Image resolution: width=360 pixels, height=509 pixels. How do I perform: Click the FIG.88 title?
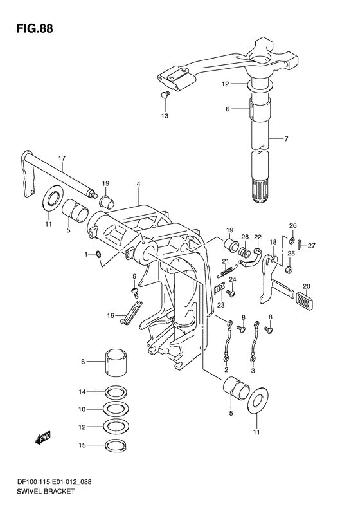click(x=35, y=29)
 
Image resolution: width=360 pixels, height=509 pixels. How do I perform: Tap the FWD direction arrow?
click(x=42, y=439)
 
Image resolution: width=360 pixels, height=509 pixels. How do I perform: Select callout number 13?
click(x=165, y=116)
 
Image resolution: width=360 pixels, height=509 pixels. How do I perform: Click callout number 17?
click(x=62, y=158)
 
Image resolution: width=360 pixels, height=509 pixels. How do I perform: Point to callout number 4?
click(x=138, y=184)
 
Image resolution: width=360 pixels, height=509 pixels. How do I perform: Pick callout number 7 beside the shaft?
click(x=286, y=138)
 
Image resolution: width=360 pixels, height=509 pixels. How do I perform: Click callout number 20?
click(x=307, y=286)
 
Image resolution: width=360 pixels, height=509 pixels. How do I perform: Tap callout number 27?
click(x=312, y=246)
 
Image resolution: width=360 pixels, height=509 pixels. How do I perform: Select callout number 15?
click(x=82, y=445)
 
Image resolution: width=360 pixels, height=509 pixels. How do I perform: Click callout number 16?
click(x=111, y=315)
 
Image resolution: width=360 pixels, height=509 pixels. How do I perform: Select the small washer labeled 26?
click(x=292, y=241)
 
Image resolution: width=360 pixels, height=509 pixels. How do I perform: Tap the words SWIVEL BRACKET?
click(x=46, y=491)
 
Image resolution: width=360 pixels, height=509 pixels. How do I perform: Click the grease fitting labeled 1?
click(x=97, y=254)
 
